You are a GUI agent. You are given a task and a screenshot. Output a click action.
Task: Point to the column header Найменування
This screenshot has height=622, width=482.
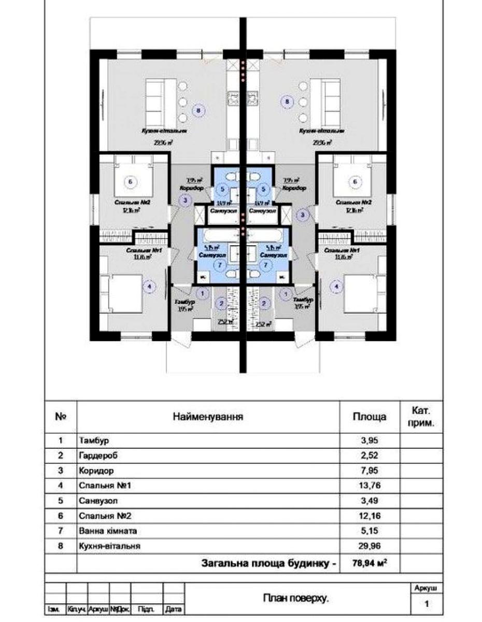coord(208,416)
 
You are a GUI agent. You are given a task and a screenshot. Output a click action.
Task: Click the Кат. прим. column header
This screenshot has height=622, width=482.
coord(421,416)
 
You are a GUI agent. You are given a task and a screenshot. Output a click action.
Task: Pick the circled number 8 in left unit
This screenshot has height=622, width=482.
coord(198,109)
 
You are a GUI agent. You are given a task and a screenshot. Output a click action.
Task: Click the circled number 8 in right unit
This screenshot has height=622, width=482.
coord(288,103)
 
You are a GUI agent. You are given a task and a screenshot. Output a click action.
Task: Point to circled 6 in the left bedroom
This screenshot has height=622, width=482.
coord(130,181)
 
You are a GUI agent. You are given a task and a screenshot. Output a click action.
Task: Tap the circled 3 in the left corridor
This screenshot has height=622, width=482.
coord(185,200)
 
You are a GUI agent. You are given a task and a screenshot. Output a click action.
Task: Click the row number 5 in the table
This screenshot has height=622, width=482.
coord(61,501)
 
